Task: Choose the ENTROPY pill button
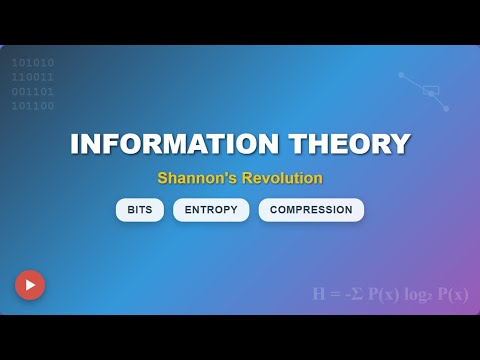click(210, 210)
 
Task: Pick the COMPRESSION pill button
click(311, 210)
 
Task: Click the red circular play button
click(30, 285)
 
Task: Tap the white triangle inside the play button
click(31, 285)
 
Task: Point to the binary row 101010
click(33, 62)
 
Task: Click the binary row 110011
click(33, 77)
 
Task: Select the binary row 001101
click(33, 91)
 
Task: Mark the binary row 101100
click(33, 106)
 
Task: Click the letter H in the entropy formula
click(319, 294)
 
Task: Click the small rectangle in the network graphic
click(431, 90)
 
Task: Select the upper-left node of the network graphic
click(401, 74)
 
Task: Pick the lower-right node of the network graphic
click(446, 108)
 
